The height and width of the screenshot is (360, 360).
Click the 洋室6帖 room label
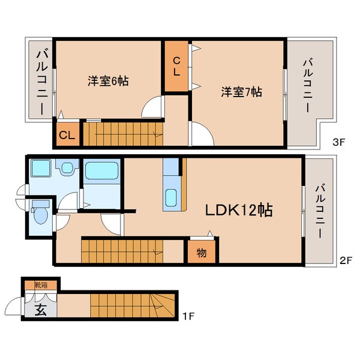[x=108, y=81]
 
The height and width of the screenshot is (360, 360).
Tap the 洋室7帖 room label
[x=242, y=92]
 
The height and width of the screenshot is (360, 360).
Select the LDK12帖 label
[x=239, y=210]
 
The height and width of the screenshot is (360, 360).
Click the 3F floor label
[x=339, y=142]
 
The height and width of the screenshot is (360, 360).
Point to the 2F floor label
[x=346, y=260]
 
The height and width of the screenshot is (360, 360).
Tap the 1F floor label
[x=188, y=317]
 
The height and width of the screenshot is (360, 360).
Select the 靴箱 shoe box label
[x=41, y=285]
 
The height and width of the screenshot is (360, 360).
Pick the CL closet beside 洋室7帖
[x=176, y=66]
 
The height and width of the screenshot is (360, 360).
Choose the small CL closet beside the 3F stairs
[x=68, y=134]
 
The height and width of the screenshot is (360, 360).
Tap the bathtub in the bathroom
[x=102, y=170]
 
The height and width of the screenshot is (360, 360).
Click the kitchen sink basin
[x=171, y=197]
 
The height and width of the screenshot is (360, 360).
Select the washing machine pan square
[x=41, y=168]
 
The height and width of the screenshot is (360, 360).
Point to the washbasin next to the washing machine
[x=67, y=167]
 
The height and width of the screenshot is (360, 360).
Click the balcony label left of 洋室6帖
[x=42, y=83]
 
